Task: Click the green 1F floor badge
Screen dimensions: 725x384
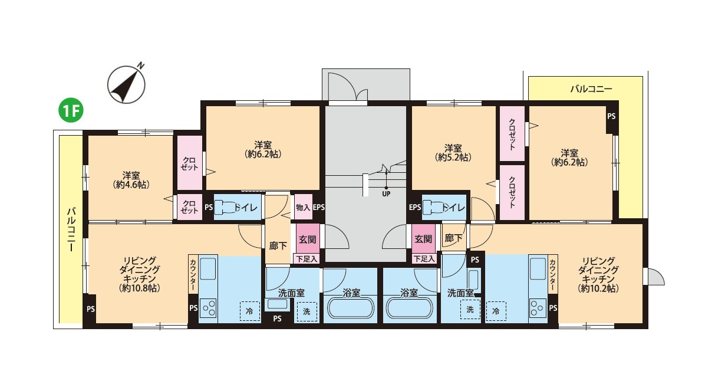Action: point(71,111)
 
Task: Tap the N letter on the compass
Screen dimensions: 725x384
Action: point(140,65)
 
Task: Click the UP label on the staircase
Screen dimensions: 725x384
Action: point(386,194)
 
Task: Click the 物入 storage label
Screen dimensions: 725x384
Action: point(304,207)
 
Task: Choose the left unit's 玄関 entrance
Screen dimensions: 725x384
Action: point(307,239)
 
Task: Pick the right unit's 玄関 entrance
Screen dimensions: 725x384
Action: point(423,239)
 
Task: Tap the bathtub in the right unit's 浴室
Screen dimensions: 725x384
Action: point(410,308)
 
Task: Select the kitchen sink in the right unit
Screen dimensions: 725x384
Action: point(538,268)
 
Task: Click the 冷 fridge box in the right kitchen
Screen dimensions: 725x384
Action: point(496,311)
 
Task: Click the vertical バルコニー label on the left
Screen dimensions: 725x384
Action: point(71,229)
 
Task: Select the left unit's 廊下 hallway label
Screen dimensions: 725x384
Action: point(278,246)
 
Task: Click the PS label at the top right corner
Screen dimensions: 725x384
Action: point(611,116)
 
